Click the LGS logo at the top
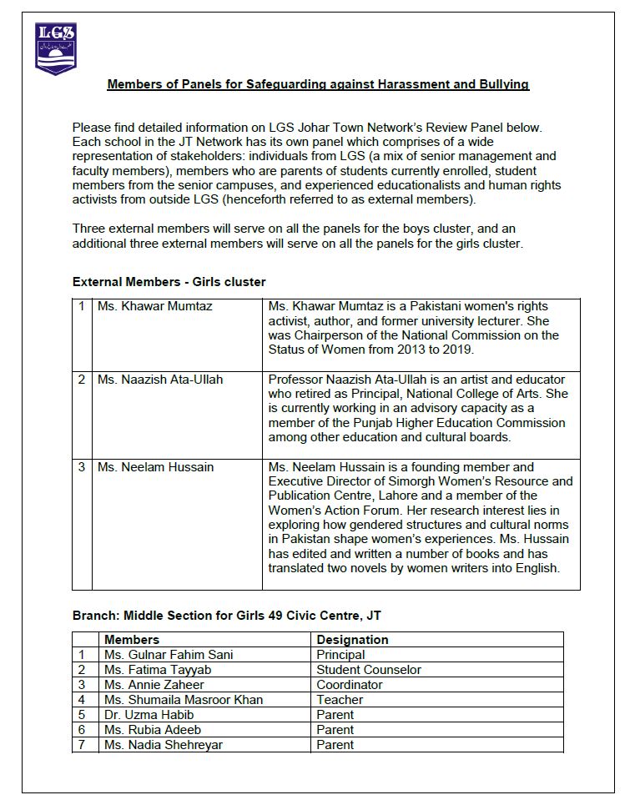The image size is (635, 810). tap(56, 48)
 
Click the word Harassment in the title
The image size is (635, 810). tap(394, 84)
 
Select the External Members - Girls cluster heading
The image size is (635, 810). tap(169, 282)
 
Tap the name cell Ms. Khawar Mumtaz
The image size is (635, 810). tap(155, 306)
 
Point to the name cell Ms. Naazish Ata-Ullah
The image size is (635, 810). tap(160, 380)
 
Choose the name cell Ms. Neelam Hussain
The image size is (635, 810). tap(154, 467)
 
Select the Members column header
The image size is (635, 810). tap(132, 640)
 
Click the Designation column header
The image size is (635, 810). tap(352, 640)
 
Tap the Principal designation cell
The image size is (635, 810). tap(340, 655)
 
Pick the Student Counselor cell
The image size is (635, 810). tap(369, 670)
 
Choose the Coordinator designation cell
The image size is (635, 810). tap(350, 685)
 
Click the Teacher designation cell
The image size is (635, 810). tap(340, 700)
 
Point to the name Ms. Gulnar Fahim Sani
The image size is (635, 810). tap(169, 655)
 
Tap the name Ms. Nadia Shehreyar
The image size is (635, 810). tap(164, 745)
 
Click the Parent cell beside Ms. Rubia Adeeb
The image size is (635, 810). tap(335, 730)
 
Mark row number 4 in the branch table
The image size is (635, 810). tap(82, 700)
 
